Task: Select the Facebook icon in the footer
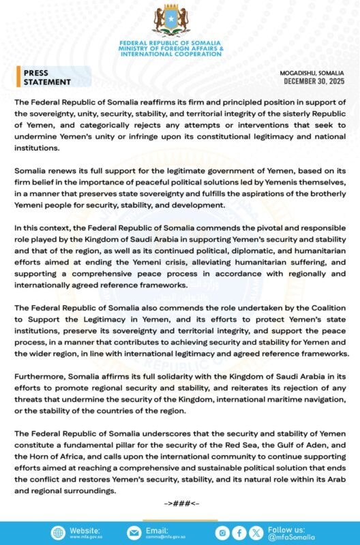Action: pos(239,533)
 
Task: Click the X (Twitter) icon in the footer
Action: pos(256,533)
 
